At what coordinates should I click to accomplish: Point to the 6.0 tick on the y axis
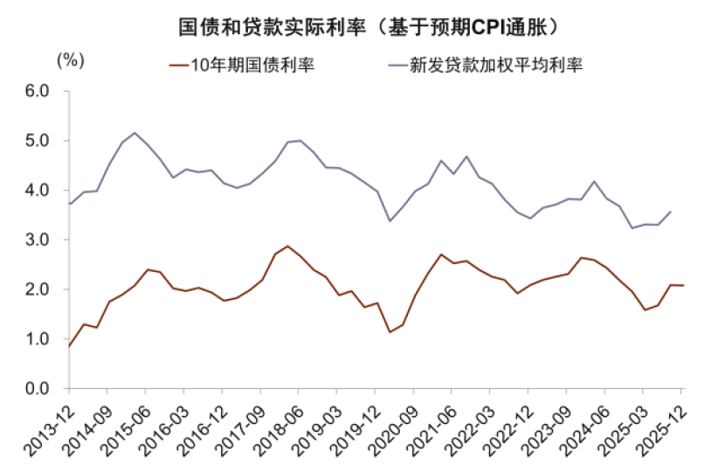(x=38, y=91)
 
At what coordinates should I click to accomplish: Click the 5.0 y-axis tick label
(x=38, y=141)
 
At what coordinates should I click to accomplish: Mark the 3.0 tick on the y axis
(x=38, y=239)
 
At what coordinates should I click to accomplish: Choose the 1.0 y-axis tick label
(x=38, y=339)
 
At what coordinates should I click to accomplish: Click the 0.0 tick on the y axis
(x=38, y=389)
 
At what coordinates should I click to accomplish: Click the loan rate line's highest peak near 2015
(x=135, y=133)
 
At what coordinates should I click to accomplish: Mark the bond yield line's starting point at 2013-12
(x=69, y=346)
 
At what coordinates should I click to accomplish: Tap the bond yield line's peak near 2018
(x=287, y=246)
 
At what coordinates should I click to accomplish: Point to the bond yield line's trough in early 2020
(x=390, y=332)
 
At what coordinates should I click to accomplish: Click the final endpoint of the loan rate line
(x=671, y=212)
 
